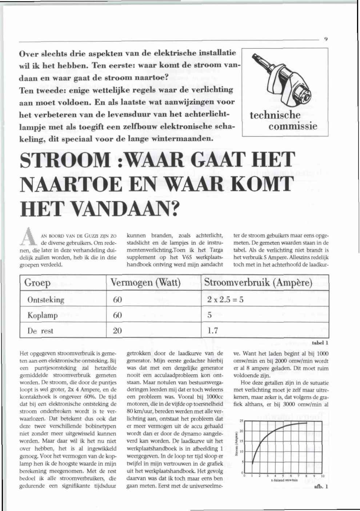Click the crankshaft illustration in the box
(x=284, y=81)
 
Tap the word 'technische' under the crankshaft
(x=275, y=115)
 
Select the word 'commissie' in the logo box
(x=293, y=126)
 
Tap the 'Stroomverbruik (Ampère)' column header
(x=258, y=283)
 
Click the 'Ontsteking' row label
(x=46, y=300)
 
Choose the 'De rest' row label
(x=40, y=331)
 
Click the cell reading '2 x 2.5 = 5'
(x=225, y=300)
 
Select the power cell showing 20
(x=117, y=331)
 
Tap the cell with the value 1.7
(x=212, y=331)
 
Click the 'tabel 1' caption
(x=320, y=343)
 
